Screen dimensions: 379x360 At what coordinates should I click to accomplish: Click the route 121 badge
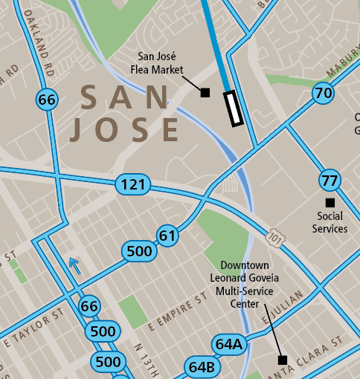[133, 184]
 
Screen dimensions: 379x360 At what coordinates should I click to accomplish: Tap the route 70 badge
[323, 94]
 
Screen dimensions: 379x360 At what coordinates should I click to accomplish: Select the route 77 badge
[330, 180]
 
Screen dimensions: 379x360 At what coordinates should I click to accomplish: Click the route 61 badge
[168, 236]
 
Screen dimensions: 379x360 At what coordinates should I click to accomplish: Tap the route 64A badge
[228, 344]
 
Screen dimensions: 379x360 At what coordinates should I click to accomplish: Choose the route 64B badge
[202, 367]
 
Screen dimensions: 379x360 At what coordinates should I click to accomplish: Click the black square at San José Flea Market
[205, 92]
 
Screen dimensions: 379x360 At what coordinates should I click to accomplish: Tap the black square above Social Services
[330, 202]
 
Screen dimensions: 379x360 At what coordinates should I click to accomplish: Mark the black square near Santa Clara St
[282, 360]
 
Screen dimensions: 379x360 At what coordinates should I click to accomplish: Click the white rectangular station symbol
[234, 108]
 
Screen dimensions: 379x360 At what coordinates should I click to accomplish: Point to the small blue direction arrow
[73, 262]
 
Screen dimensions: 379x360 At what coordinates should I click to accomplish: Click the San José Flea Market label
[161, 63]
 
